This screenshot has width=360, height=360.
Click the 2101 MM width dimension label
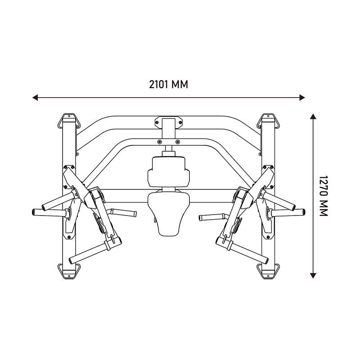(168, 84)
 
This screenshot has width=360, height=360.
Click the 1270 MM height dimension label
(324, 196)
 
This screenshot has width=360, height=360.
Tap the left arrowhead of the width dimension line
(35, 97)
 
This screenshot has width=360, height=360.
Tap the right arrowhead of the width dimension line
(302, 97)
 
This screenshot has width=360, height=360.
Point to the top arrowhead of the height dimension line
(313, 116)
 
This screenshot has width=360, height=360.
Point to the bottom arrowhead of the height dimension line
(313, 276)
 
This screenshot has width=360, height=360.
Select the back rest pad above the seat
(169, 171)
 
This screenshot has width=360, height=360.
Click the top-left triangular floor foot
(69, 121)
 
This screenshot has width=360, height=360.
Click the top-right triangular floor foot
(268, 121)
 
